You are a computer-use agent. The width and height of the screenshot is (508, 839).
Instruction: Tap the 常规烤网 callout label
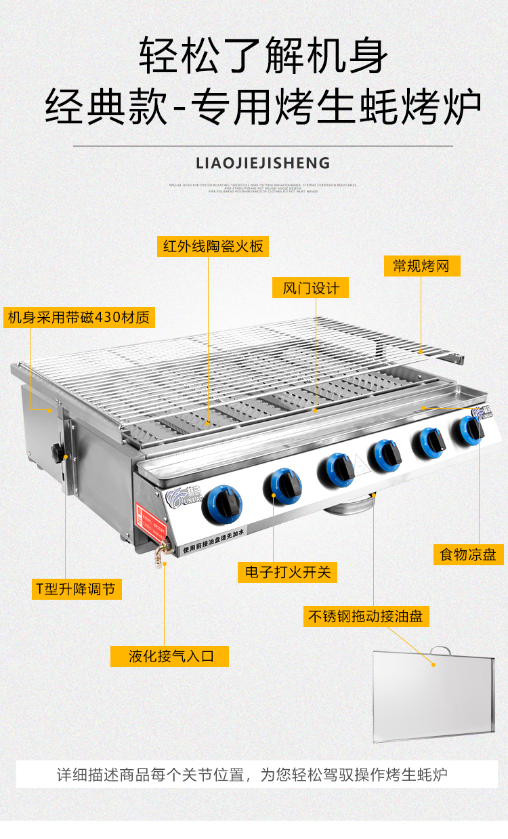[x=421, y=265]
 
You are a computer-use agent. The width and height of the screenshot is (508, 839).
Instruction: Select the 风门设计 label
[x=311, y=287]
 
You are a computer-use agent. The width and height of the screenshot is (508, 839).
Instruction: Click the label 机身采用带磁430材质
[x=79, y=316]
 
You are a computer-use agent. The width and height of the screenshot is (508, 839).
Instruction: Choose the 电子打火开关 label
[x=287, y=571]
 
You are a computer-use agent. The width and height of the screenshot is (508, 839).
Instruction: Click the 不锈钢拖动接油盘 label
[x=366, y=616]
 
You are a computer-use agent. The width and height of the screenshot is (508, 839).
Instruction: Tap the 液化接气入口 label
[x=170, y=655]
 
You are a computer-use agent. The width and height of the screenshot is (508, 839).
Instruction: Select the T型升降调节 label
[x=77, y=588]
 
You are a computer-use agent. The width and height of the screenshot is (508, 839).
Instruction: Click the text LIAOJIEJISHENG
[x=262, y=163]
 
